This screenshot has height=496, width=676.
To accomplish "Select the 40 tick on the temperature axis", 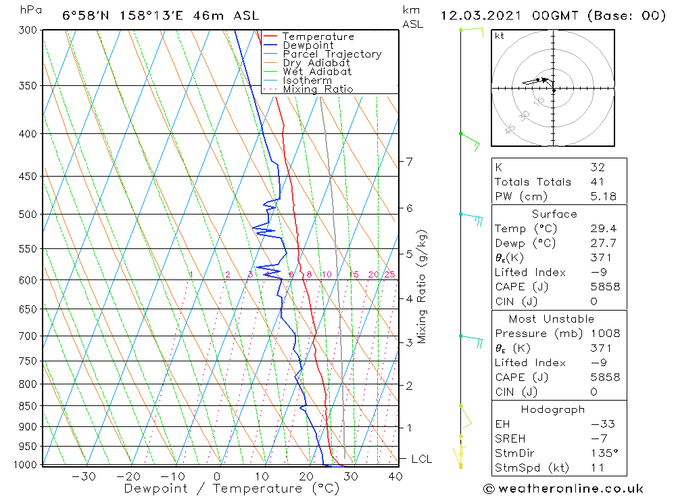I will [x=395, y=476].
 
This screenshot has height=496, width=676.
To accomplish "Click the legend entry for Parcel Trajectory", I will [x=332, y=54].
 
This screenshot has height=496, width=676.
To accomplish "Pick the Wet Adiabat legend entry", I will [x=317, y=72].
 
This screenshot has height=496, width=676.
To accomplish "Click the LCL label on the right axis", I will [x=421, y=459].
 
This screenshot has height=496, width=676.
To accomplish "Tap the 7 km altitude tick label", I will [x=409, y=162].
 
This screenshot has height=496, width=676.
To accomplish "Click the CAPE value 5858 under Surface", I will [x=604, y=287].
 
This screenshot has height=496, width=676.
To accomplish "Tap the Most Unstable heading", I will [x=552, y=319].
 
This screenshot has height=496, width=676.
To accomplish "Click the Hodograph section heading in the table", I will [x=552, y=409].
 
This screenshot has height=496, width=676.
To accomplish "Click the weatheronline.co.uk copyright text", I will [x=563, y=489].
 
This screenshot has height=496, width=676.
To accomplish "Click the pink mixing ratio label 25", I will [x=389, y=274].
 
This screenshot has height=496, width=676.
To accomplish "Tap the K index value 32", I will [x=597, y=167].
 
